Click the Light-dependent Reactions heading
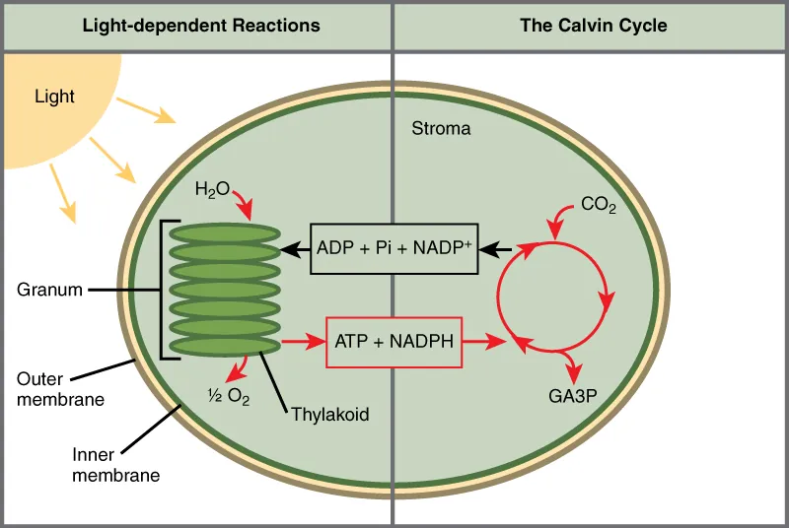[x=200, y=26]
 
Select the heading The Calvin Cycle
[x=593, y=26]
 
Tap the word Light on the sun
[x=54, y=97]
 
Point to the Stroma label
[x=441, y=129]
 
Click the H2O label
[x=212, y=187]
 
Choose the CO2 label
[x=598, y=205]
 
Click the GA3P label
[x=573, y=396]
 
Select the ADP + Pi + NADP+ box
[x=394, y=248]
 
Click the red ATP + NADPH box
[x=394, y=342]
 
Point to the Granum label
[x=48, y=290]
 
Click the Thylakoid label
[x=329, y=414]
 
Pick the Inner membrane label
[x=115, y=465]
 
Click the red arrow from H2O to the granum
[x=243, y=204]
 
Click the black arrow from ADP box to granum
[x=295, y=249]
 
